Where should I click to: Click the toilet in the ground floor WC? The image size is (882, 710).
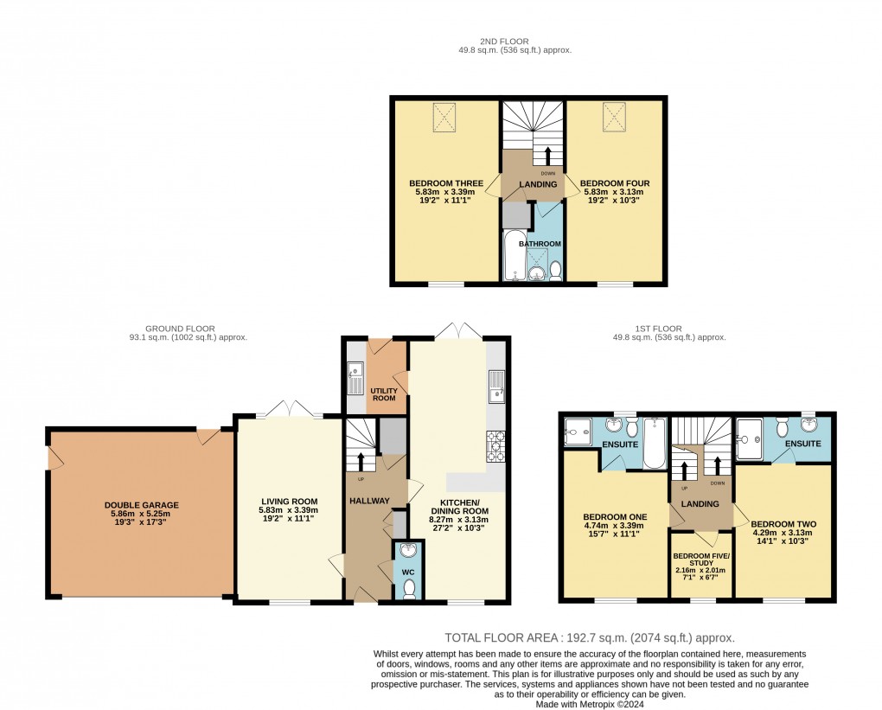click(409, 587)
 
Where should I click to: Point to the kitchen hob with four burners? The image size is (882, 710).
click(497, 445)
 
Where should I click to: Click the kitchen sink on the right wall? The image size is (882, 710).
click(496, 387)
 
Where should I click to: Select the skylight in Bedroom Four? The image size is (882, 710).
click(614, 115)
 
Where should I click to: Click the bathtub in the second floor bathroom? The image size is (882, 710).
click(514, 256)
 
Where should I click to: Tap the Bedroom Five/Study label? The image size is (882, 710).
click(701, 558)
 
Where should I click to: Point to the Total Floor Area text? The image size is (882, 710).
click(590, 636)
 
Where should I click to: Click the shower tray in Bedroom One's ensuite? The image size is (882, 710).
click(575, 432)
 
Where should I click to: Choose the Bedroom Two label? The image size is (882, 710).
click(783, 524)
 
